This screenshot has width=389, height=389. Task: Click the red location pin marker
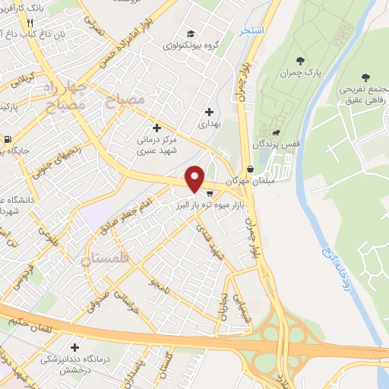[195, 179]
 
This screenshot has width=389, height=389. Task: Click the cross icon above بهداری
[209, 112]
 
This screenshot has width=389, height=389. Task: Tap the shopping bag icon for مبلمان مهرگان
[251, 169]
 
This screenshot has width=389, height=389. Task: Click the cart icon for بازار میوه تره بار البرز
[209, 194]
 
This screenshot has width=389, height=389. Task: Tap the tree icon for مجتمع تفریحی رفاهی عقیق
[366, 77]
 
